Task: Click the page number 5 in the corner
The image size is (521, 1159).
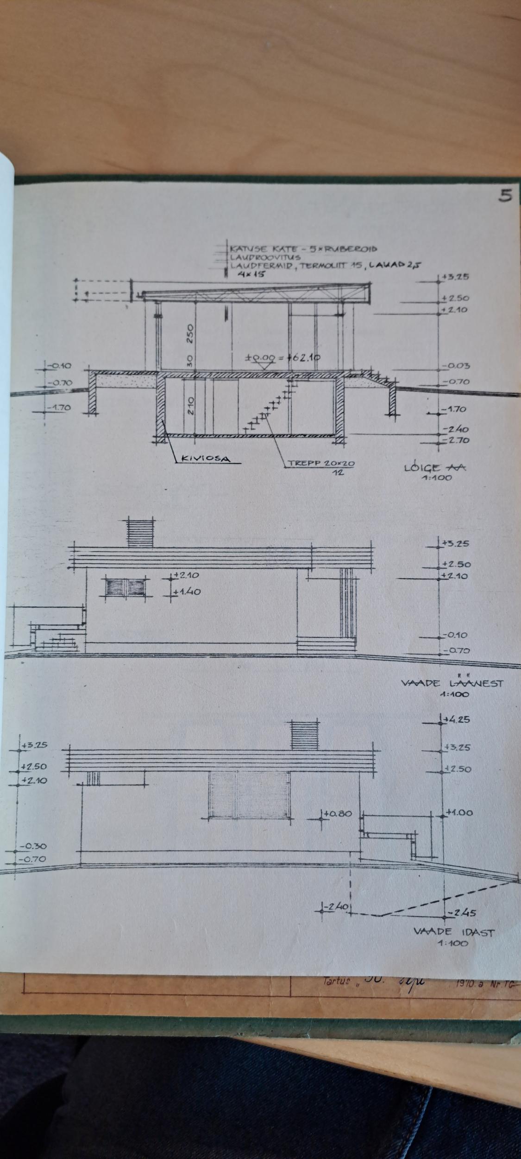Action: (505, 196)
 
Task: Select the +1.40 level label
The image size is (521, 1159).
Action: (188, 592)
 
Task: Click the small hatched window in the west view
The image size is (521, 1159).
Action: (126, 587)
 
